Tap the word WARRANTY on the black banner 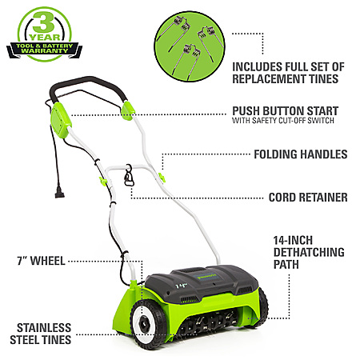45,50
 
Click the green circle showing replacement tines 190,46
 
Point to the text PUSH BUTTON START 286,111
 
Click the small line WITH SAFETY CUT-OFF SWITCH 283,121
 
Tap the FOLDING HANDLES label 301,154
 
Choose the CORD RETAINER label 308,198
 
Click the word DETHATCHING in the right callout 309,252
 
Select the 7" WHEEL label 41,261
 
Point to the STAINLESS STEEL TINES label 41,334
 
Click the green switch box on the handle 61,120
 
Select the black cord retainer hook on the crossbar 129,176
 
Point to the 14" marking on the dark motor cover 181,286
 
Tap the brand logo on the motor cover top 206,277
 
